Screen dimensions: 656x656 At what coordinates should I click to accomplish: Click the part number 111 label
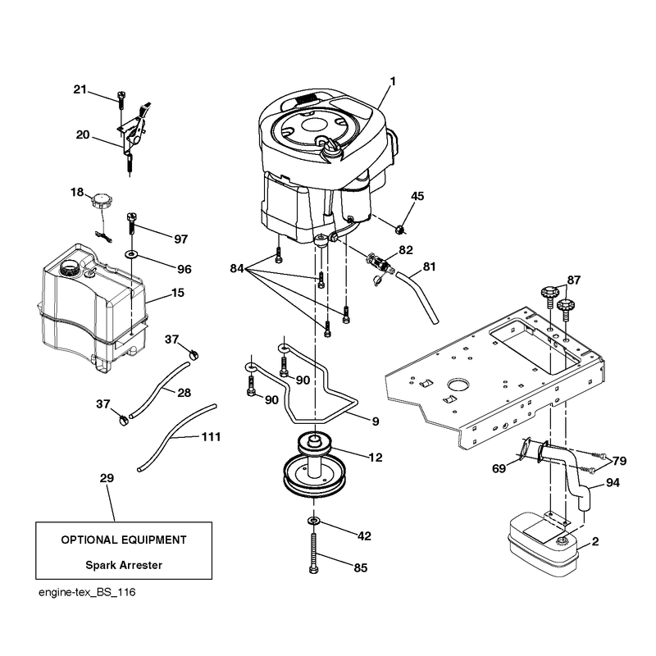click(x=212, y=437)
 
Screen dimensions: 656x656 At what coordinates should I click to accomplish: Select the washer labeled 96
click(x=132, y=253)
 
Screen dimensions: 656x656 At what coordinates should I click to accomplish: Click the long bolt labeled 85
click(x=314, y=553)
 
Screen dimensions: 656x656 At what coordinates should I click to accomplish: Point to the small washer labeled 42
click(x=313, y=520)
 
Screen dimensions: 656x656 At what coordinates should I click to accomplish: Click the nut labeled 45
click(x=401, y=230)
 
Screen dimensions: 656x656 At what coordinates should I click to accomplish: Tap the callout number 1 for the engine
click(x=393, y=81)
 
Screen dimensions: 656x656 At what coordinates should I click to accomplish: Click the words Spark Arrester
click(x=124, y=565)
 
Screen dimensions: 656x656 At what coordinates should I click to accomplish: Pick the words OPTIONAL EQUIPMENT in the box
click(x=124, y=540)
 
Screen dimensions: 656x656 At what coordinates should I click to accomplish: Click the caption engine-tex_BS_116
click(x=87, y=592)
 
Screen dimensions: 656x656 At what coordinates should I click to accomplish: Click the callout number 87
click(x=574, y=280)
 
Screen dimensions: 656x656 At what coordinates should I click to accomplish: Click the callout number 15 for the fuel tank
click(x=178, y=293)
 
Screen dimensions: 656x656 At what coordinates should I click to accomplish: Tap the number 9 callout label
click(x=376, y=421)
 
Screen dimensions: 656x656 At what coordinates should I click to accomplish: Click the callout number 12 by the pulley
click(x=376, y=458)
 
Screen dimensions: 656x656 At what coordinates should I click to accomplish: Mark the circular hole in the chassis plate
click(x=458, y=385)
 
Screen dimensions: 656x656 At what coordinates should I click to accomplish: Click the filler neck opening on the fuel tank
click(x=70, y=267)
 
